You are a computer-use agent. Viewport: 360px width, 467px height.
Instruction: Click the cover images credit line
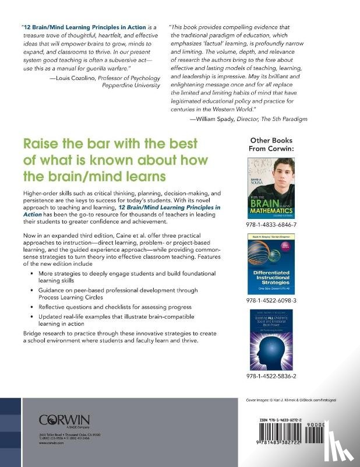click(x=290, y=400)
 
